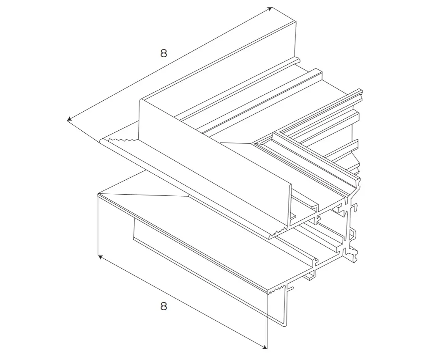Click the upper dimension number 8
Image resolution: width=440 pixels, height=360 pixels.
(164, 53)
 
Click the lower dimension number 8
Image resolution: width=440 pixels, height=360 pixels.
(164, 306)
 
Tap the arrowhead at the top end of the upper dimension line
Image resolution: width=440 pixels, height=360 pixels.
(270, 9)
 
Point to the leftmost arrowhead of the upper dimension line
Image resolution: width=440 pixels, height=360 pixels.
(69, 120)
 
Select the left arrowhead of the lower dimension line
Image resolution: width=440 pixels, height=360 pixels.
(100, 257)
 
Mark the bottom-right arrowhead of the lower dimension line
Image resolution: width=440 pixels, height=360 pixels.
(265, 347)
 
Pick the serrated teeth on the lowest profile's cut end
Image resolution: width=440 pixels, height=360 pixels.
(276, 290)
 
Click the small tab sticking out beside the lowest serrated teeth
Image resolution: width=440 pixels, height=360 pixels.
(290, 288)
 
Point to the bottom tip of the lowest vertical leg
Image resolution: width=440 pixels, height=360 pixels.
(285, 325)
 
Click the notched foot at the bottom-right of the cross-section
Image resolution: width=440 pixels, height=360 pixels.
(353, 256)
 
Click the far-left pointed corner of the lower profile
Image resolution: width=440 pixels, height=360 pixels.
(98, 194)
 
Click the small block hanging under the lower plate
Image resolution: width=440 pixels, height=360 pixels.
(309, 276)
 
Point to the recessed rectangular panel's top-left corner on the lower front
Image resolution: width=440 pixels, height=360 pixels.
(134, 218)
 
